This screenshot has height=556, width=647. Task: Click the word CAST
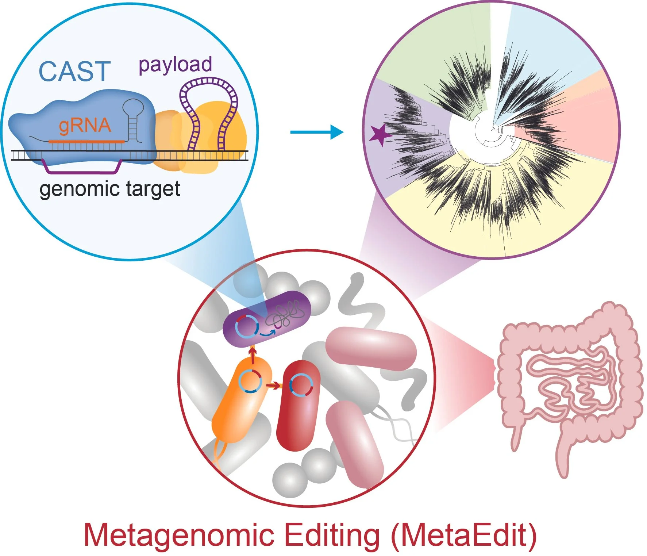click(x=74, y=72)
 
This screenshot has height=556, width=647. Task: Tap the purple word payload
click(x=175, y=65)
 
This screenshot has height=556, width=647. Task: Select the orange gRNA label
click(x=85, y=126)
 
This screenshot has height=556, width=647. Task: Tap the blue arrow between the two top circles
click(x=317, y=132)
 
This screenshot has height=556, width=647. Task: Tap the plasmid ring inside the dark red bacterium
click(x=301, y=385)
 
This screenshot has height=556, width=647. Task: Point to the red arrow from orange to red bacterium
click(x=273, y=385)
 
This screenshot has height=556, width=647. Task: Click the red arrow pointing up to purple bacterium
click(x=252, y=355)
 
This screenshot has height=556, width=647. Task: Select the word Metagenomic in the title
click(x=179, y=535)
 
